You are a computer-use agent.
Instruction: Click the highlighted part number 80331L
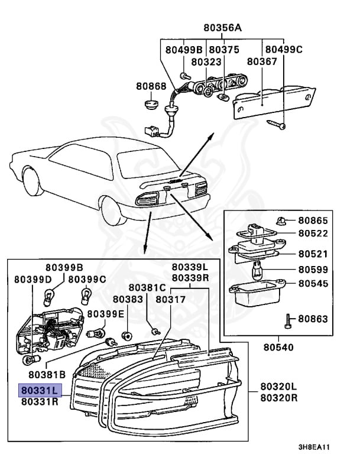tap(40, 390)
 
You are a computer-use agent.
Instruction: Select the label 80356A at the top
tap(222, 28)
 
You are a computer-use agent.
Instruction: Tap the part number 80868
tap(151, 86)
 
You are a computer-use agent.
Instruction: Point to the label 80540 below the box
tap(278, 347)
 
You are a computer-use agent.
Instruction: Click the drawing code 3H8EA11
tap(314, 447)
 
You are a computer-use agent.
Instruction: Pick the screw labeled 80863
tap(288, 321)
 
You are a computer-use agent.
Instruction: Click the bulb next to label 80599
tap(256, 270)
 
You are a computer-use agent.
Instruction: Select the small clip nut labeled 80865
tap(280, 221)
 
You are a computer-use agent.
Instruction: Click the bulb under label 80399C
tap(86, 296)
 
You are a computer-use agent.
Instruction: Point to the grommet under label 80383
tap(127, 336)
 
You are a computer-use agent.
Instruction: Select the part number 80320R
tap(278, 397)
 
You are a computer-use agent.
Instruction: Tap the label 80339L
tap(190, 267)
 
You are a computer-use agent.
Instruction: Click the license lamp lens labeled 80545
tap(257, 293)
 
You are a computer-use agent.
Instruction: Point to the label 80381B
tap(47, 374)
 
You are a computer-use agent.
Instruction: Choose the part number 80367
tap(262, 61)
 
